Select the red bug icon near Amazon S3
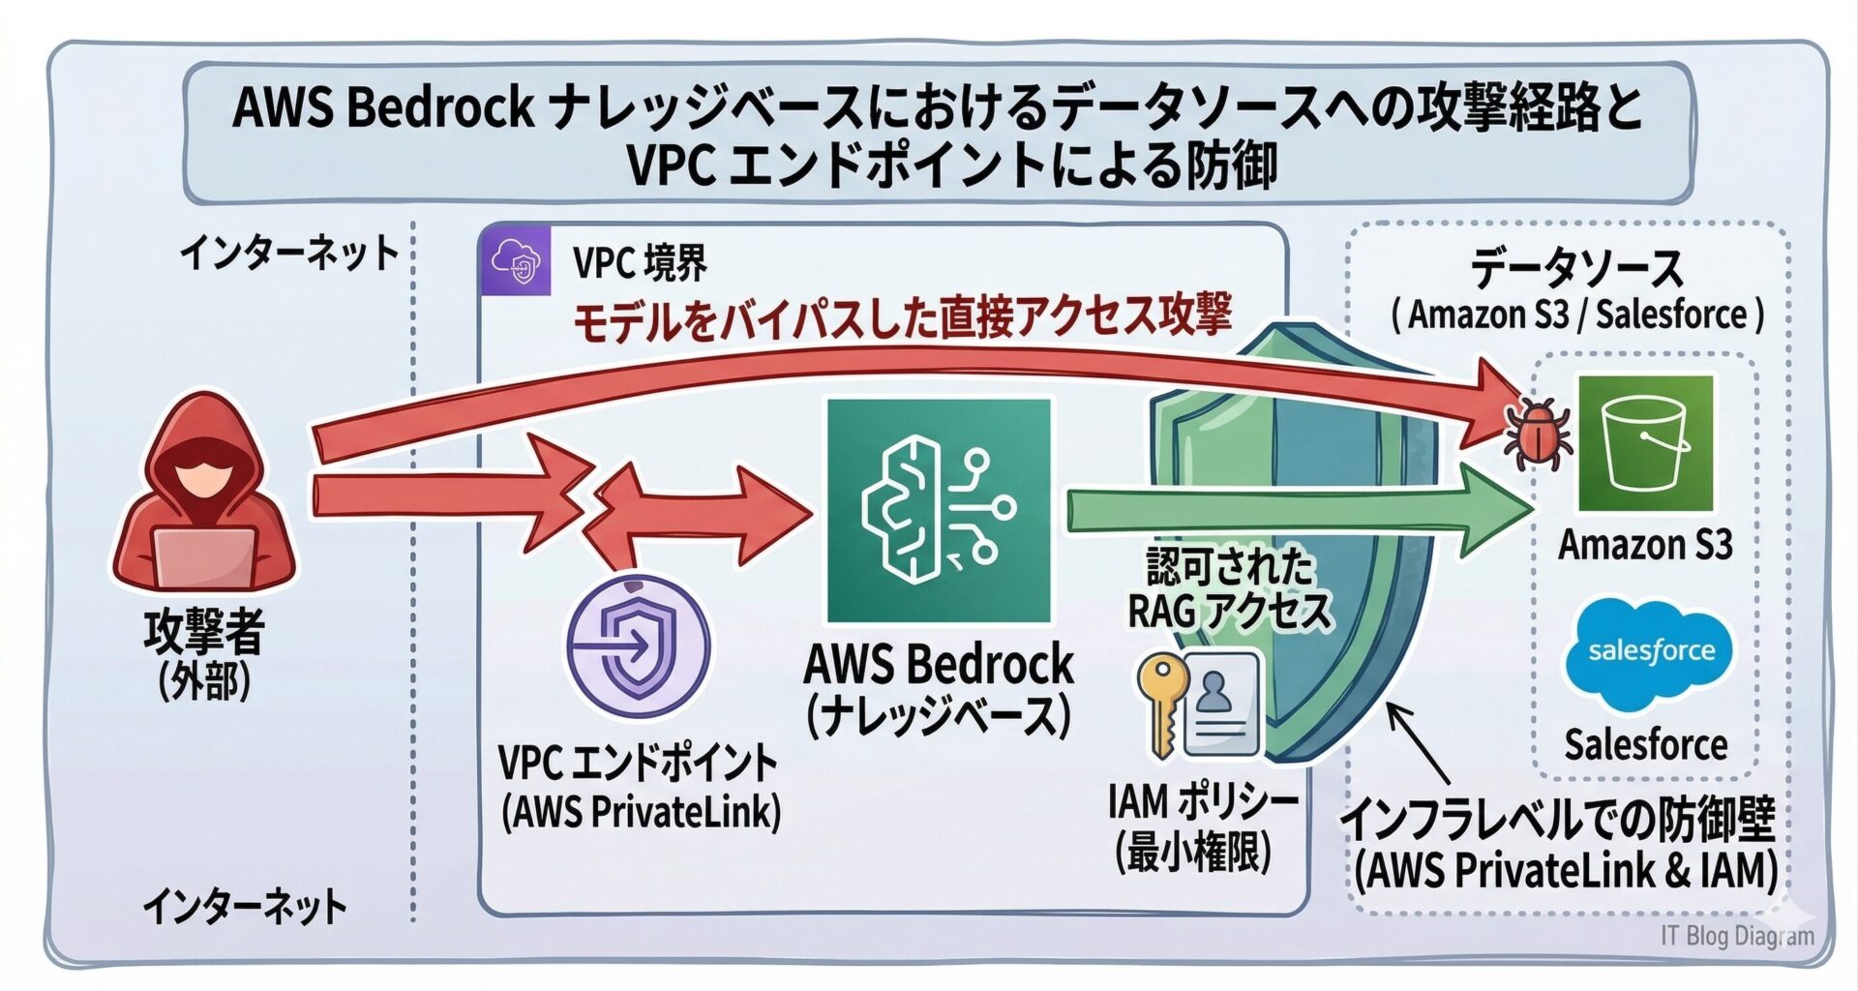tap(1538, 433)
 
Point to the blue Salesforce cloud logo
tap(1650, 653)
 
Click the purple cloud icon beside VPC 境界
tap(516, 260)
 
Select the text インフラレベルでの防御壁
tap(1558, 821)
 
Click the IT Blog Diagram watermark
tap(1737, 936)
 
